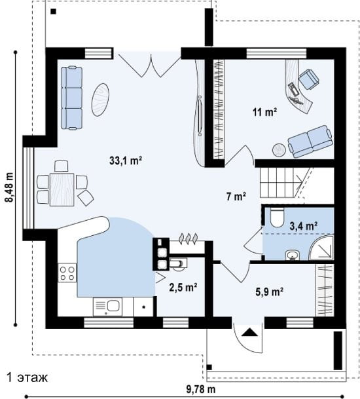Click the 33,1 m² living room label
[126, 161]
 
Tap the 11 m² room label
[264, 112]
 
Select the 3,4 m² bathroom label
[304, 225]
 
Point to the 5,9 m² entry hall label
[270, 292]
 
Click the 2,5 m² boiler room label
[183, 287]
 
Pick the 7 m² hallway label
[236, 197]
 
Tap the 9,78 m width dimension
[201, 389]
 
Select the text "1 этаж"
[27, 377]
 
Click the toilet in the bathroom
[277, 218]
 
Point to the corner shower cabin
[321, 248]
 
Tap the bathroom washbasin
[293, 255]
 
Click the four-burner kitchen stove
[67, 273]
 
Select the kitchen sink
[107, 307]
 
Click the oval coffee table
[100, 100]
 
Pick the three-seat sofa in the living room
[72, 98]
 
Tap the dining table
[62, 189]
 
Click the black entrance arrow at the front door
[249, 332]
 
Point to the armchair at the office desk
[309, 79]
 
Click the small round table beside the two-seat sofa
[279, 150]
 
